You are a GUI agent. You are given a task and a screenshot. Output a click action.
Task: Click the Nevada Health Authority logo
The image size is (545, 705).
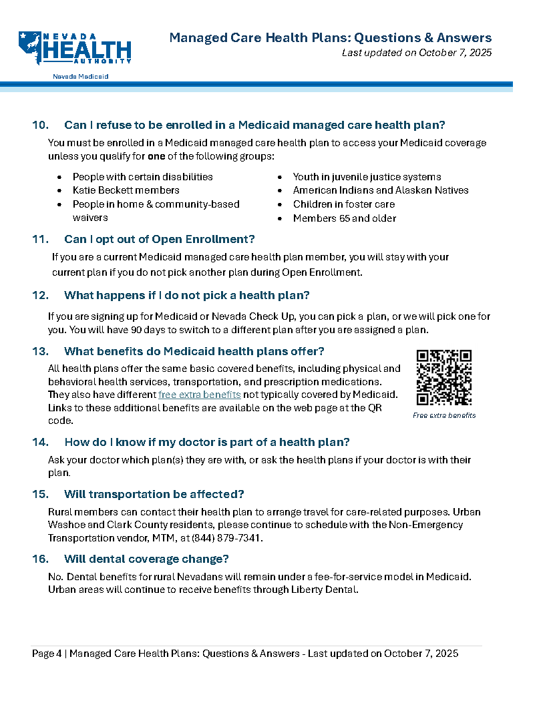pyautogui.click(x=75, y=48)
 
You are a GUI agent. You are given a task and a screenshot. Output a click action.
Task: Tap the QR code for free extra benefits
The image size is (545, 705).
pyautogui.click(x=444, y=378)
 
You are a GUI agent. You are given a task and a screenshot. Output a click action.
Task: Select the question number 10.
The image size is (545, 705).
pyautogui.click(x=40, y=125)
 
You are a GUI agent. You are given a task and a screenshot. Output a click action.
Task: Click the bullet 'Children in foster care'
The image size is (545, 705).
pyautogui.click(x=343, y=204)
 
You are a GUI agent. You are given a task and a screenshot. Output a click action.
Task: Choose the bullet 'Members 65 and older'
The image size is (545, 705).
pyautogui.click(x=344, y=218)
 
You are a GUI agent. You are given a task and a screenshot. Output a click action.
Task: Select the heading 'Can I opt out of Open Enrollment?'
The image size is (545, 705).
pyautogui.click(x=159, y=239)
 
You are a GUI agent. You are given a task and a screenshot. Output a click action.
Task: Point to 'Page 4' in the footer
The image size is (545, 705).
pyautogui.click(x=47, y=654)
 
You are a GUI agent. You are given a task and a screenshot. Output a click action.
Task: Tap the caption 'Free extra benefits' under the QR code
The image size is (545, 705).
pyautogui.click(x=444, y=415)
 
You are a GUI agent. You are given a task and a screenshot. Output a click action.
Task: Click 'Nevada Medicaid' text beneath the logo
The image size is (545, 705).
pyautogui.click(x=81, y=77)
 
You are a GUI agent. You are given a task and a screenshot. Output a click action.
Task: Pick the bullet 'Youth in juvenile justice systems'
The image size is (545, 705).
pyautogui.click(x=367, y=177)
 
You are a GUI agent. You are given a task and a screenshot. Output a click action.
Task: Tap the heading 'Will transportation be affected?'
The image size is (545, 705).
pyautogui.click(x=154, y=494)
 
